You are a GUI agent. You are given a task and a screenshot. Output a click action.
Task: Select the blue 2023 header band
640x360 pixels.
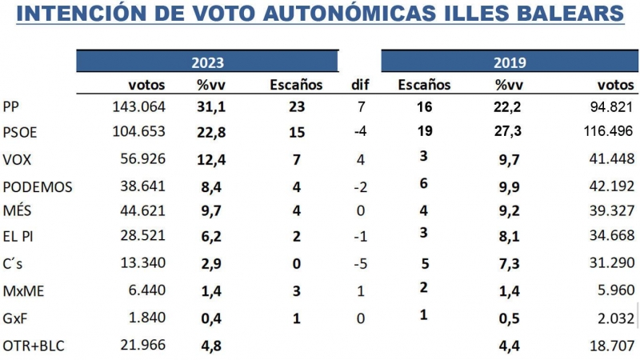pos(207,62)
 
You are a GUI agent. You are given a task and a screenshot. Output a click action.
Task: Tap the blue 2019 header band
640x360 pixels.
pos(509,62)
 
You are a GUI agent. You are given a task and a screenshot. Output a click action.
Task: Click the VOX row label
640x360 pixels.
pos(17,159)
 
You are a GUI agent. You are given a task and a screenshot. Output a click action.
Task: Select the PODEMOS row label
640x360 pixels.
pos(38,187)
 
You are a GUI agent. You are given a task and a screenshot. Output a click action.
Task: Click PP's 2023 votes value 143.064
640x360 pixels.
pos(140,108)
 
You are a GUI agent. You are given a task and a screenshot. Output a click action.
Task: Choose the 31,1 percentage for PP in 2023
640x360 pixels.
pos(210,108)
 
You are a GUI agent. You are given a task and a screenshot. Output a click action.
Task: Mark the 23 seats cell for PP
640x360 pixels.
pos(298,108)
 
